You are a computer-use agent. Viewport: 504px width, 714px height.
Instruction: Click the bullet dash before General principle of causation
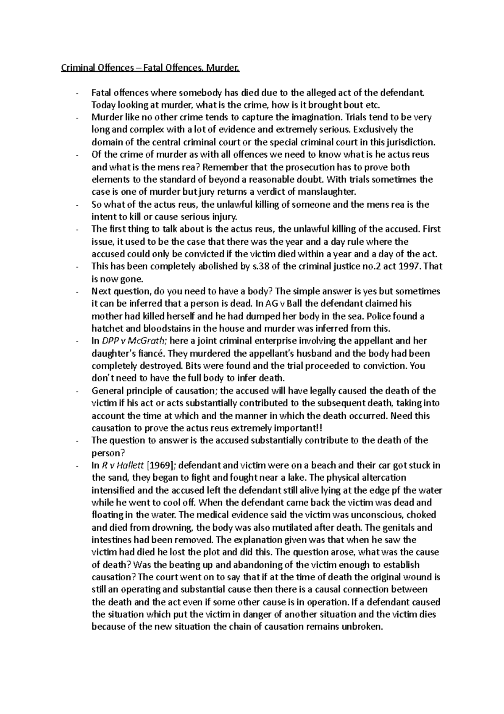[x=78, y=391]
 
